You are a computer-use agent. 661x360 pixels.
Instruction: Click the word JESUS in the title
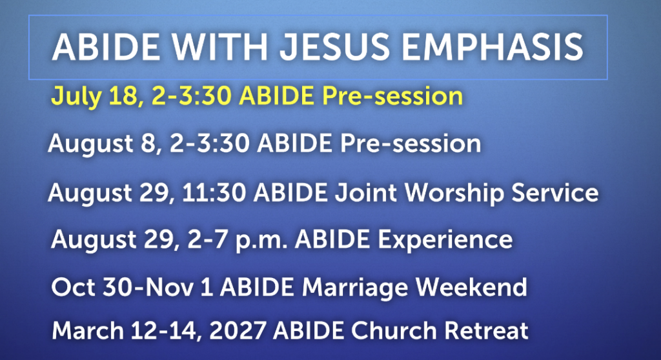(x=335, y=47)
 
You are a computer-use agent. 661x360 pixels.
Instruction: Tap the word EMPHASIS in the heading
(x=493, y=47)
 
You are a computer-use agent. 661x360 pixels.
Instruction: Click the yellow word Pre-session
(x=392, y=97)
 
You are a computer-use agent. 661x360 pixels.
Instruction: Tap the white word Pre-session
(x=411, y=144)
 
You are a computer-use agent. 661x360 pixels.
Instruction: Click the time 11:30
(x=214, y=192)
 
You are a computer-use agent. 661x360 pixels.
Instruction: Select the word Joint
(x=366, y=192)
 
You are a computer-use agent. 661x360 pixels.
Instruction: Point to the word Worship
(x=454, y=194)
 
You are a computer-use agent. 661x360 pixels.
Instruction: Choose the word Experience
(x=445, y=240)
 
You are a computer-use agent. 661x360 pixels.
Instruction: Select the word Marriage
(x=355, y=288)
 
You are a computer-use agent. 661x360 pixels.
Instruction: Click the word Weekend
(x=471, y=286)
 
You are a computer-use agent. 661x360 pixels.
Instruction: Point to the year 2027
(x=238, y=330)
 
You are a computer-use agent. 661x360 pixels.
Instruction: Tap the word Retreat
(x=487, y=330)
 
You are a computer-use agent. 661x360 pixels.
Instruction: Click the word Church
(x=394, y=330)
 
